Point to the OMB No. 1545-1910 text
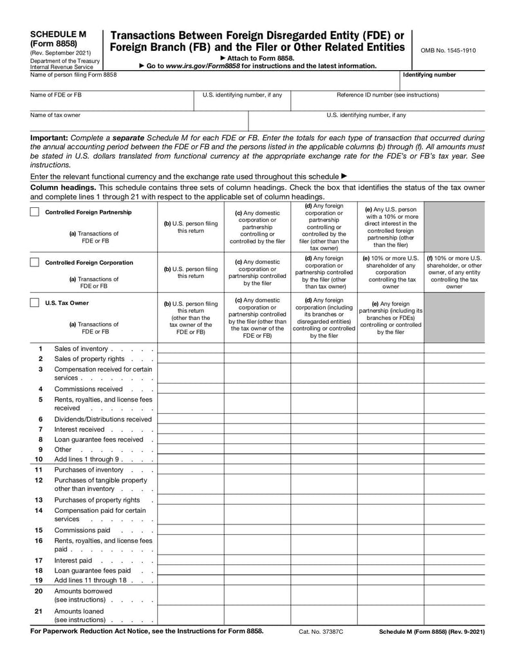tap(448, 50)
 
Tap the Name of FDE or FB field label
tap(56, 95)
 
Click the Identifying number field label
tap(429, 75)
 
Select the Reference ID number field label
tap(388, 95)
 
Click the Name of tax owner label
tap(55, 115)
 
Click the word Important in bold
tap(49, 138)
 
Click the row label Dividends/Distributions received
tap(103, 419)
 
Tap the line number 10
tap(39, 459)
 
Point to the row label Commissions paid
tap(82, 530)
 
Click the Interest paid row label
tap(73, 560)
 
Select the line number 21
tap(39, 611)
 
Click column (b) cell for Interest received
tap(191, 429)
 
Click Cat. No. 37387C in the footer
tap(321, 633)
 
